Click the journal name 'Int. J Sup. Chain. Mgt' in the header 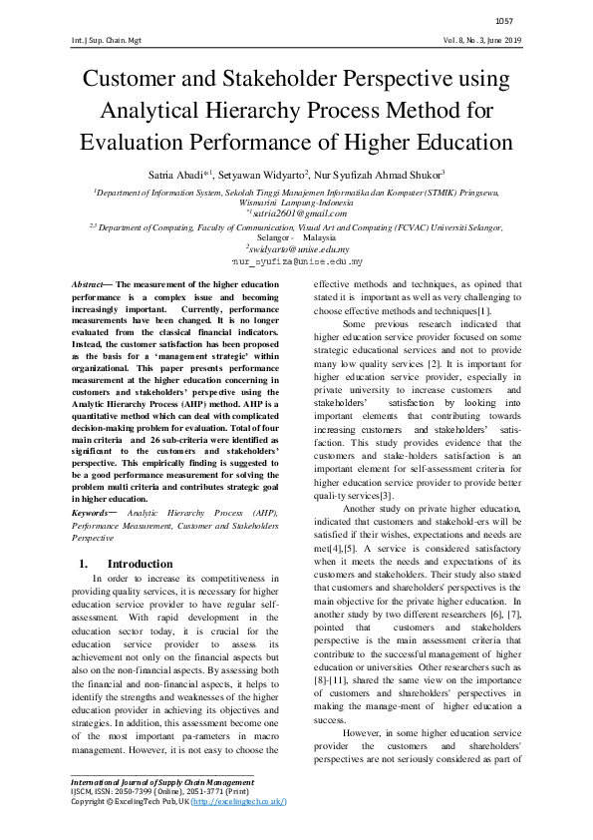(x=107, y=39)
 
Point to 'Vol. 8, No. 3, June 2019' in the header (x=483, y=39)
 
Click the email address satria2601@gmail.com (x=299, y=212)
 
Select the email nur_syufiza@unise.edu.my (x=296, y=262)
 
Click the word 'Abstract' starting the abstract (x=91, y=285)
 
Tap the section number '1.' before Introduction (x=84, y=565)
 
